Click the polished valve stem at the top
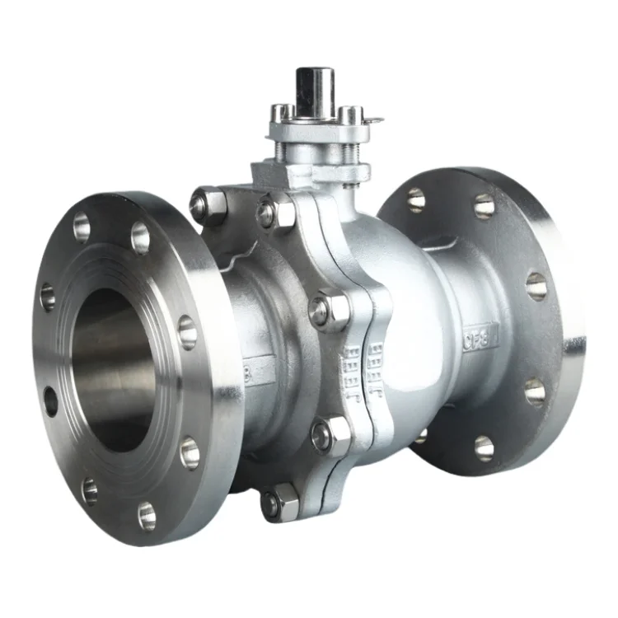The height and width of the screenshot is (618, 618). pyautogui.click(x=316, y=91)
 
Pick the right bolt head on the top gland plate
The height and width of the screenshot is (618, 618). pyautogui.click(x=349, y=114)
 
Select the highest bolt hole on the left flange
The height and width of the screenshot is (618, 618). pyautogui.click(x=82, y=227)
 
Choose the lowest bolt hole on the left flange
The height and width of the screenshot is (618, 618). pyautogui.click(x=147, y=517)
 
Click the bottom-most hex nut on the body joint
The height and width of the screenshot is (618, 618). pyautogui.click(x=280, y=502)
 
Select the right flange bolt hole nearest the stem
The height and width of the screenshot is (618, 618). pyautogui.click(x=416, y=199)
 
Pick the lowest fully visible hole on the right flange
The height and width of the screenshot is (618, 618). pyautogui.click(x=484, y=447)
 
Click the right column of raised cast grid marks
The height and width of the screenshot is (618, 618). pyautogui.click(x=375, y=363)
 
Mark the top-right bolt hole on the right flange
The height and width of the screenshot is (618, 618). pyautogui.click(x=485, y=205)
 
